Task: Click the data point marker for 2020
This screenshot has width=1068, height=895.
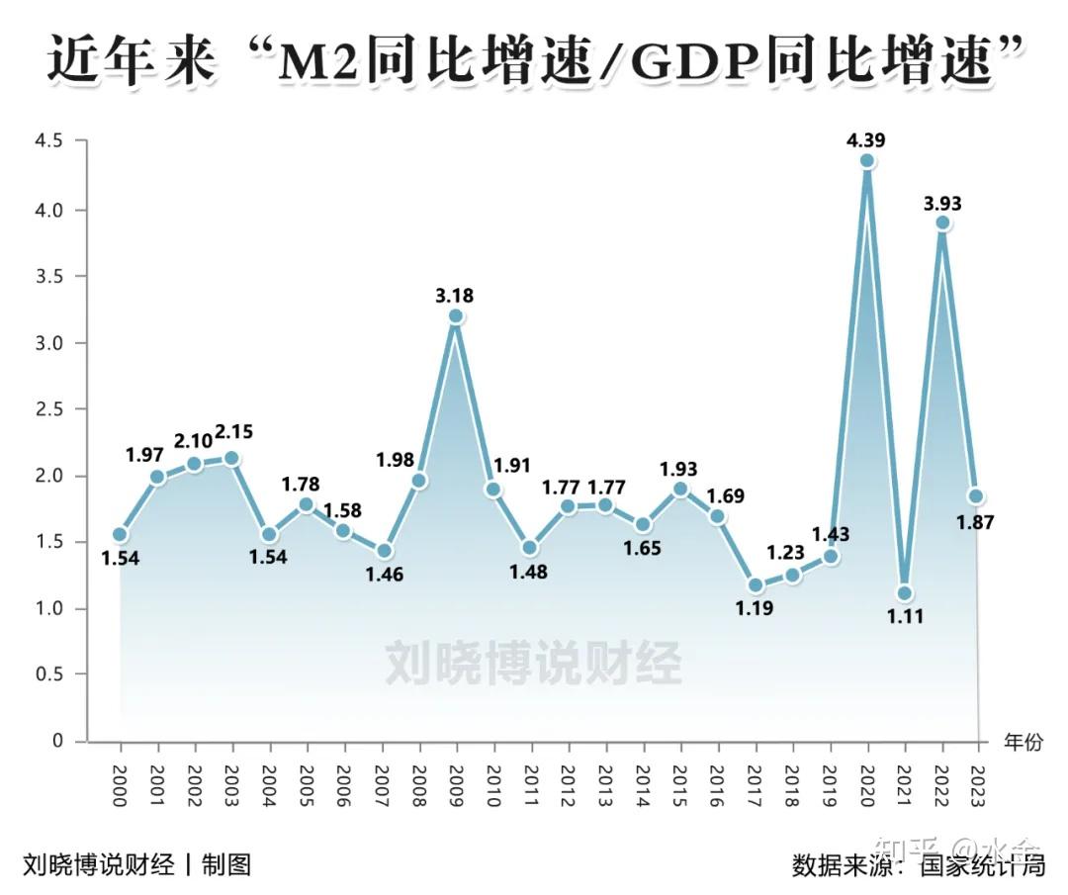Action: [867, 161]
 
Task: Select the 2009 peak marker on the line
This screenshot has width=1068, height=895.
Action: [456, 316]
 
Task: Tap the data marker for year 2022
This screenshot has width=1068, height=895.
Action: [942, 224]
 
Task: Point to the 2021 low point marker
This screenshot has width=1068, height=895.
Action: [904, 593]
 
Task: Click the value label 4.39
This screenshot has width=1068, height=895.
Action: [867, 140]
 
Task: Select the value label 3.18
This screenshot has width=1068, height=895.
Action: [456, 295]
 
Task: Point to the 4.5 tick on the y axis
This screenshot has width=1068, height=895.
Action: [48, 141]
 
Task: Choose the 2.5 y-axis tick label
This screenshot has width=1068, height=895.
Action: [48, 408]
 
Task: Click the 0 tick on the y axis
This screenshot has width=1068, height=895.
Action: [56, 741]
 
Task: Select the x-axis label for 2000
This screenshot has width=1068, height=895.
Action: [120, 786]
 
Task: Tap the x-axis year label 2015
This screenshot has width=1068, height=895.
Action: [680, 786]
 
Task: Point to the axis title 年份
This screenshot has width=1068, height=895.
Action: [1023, 742]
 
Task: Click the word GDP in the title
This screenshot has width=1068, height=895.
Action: [684, 64]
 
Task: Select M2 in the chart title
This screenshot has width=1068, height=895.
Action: [313, 64]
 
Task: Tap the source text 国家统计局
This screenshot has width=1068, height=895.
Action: [982, 866]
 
